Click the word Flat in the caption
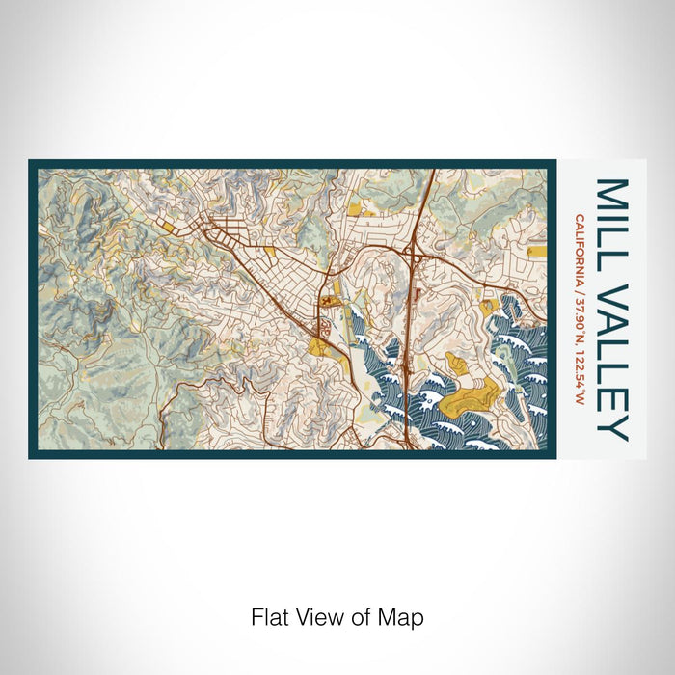[x=268, y=617]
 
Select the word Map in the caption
[x=404, y=617]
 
